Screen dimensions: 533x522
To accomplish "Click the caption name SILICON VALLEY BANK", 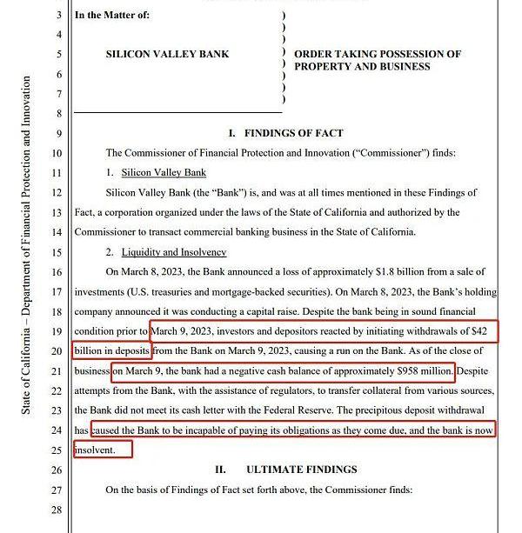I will coord(167,54).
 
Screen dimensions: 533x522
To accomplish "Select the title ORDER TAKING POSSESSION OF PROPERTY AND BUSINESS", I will coord(377,60).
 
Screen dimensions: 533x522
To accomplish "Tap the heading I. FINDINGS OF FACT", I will coord(285,133).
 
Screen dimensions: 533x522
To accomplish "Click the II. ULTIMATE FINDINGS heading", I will coord(285,470).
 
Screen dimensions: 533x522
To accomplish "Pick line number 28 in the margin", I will coord(58,510).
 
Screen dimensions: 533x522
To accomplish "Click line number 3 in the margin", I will coord(58,16).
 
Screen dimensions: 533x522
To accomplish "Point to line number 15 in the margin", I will coord(58,253).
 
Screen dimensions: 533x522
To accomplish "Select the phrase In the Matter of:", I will coord(112,16).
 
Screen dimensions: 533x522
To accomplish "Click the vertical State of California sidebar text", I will coord(27,245).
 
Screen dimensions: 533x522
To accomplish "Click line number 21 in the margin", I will coord(58,371).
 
